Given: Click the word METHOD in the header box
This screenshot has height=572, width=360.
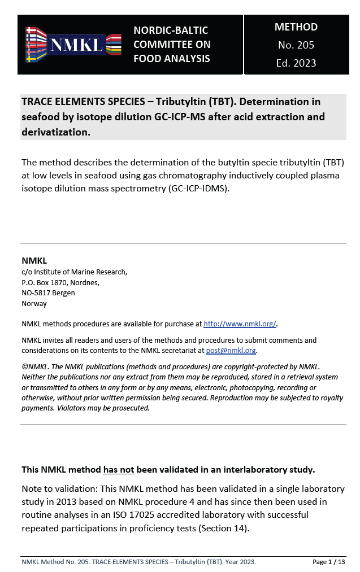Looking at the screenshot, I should pos(296,27).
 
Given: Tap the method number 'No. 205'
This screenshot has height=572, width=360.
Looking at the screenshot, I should pos(296,45).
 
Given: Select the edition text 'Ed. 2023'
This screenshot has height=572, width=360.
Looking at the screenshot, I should pos(296,63).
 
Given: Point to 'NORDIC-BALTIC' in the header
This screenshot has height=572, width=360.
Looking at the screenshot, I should pos(171,30).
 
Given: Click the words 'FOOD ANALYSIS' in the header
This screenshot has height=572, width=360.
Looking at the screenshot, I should pos(171,59).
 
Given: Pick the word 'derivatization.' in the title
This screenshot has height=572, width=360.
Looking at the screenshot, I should pos(56,132).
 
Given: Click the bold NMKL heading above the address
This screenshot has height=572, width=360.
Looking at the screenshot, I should pos(34,261).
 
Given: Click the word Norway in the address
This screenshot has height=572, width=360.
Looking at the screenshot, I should pos(34,303).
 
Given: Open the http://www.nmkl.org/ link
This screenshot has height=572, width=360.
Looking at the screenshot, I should pos(240,324).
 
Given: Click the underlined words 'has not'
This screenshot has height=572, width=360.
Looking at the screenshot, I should pos(117,469).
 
